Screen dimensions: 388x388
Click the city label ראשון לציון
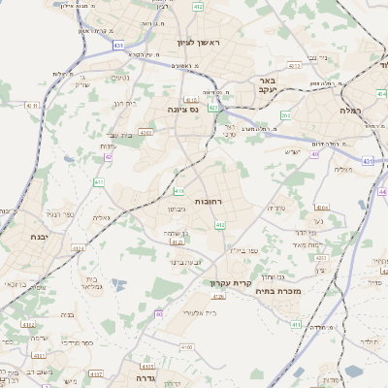pyautogui.click(x=199, y=44)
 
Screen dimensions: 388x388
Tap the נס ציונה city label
pyautogui.click(x=181, y=110)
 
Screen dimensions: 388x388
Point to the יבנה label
pyautogui.click(x=39, y=237)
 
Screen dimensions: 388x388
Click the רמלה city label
pyautogui.click(x=350, y=112)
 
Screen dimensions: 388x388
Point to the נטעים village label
pyautogui.click(x=120, y=78)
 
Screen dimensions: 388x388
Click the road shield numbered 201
pyautogui.click(x=285, y=115)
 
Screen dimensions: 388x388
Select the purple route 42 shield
pyautogui.click(x=109, y=155)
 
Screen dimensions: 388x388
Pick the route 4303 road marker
pyautogui.click(x=145, y=133)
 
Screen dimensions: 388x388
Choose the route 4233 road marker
pyautogui.click(x=321, y=257)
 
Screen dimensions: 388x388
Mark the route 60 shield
pyautogui.click(x=158, y=313)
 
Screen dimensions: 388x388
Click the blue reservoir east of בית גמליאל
pyautogui.click(x=118, y=284)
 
